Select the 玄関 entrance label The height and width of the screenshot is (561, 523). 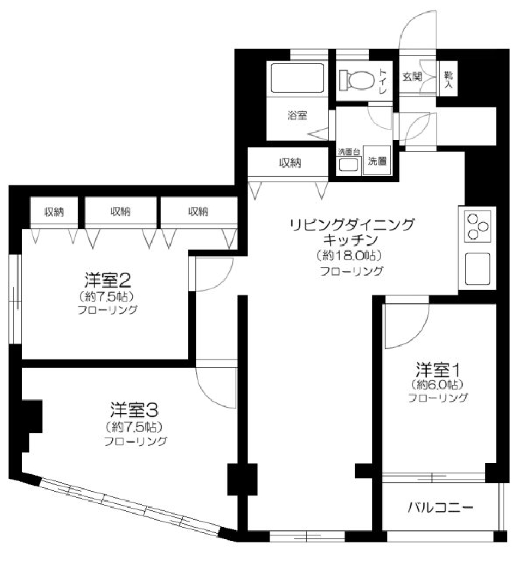pyautogui.click(x=412, y=77)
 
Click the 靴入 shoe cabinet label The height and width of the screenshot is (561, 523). pyautogui.click(x=448, y=80)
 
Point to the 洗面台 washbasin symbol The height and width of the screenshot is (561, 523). pyautogui.click(x=349, y=165)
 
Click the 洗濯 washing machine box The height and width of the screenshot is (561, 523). pyautogui.click(x=377, y=162)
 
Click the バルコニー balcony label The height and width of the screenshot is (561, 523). pyautogui.click(x=440, y=508)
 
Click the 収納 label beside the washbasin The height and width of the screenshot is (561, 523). pyautogui.click(x=291, y=162)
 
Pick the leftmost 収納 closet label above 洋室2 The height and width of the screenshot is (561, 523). pyautogui.click(x=54, y=212)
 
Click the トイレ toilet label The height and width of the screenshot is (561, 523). pyautogui.click(x=383, y=80)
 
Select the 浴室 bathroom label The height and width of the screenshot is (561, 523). pyautogui.click(x=297, y=116)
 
